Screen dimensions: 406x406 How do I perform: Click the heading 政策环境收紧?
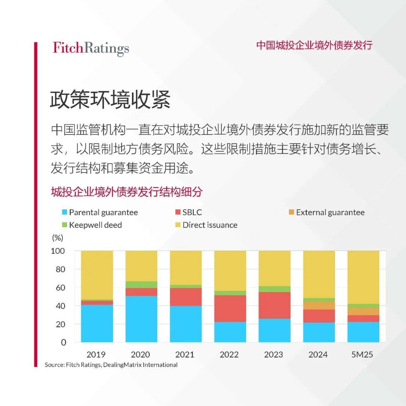click(110, 100)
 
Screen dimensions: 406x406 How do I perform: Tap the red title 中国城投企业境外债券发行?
click(314, 45)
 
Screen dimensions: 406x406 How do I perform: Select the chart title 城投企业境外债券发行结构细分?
click(127, 192)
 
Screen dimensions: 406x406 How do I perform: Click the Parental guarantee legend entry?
click(99, 212)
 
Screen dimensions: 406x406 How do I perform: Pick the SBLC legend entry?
click(188, 212)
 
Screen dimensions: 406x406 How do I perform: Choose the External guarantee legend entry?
click(326, 212)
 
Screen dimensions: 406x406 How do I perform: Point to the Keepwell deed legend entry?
click(91, 225)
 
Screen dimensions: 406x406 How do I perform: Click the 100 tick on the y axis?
click(58, 251)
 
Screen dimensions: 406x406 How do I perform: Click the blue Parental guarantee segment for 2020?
click(141, 319)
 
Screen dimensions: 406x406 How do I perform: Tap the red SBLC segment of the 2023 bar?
click(274, 305)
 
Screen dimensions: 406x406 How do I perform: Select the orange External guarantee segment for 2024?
click(319, 305)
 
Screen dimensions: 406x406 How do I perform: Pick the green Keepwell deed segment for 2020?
click(141, 285)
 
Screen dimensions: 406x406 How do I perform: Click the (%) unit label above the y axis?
click(57, 238)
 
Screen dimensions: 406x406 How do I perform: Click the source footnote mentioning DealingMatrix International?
click(111, 365)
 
